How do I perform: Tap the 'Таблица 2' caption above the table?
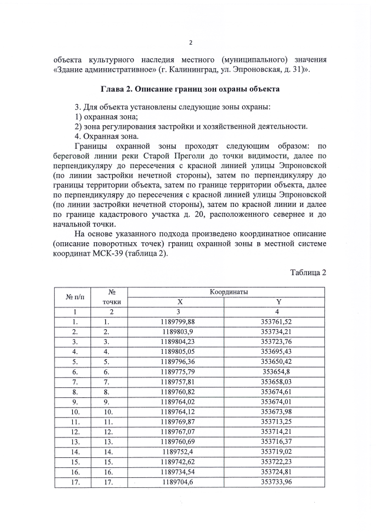308,272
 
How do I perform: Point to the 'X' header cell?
180,302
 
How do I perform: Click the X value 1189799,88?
177,322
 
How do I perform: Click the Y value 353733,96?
276,481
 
